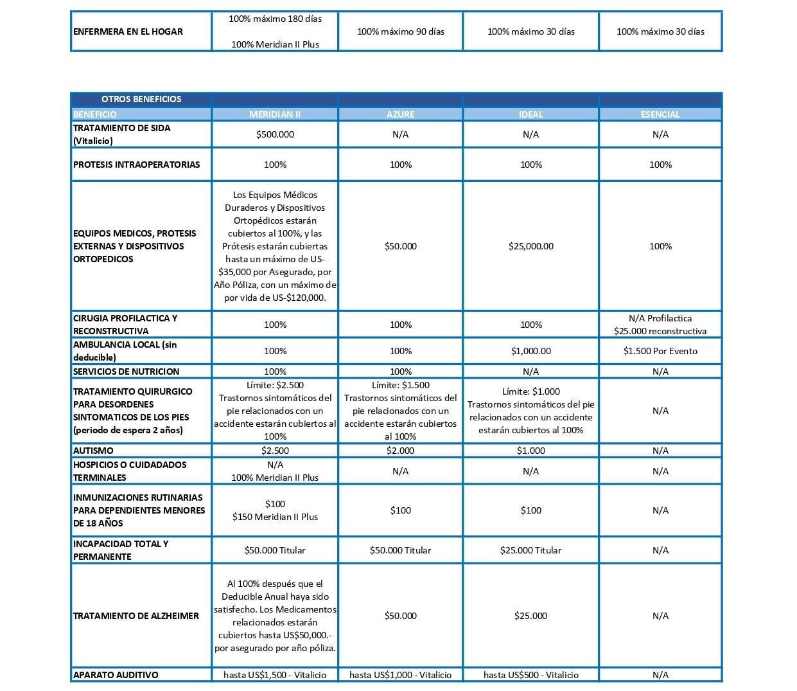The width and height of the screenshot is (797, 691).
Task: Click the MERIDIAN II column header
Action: click(275, 114)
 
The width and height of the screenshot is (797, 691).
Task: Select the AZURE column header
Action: click(400, 114)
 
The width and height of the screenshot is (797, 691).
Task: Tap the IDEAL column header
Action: click(530, 114)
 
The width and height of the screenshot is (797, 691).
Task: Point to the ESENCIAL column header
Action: click(660, 114)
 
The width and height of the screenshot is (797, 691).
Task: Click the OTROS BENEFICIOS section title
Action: click(141, 99)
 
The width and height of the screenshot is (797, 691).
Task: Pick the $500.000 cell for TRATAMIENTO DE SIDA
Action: click(275, 134)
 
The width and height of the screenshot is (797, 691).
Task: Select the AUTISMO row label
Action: click(93, 451)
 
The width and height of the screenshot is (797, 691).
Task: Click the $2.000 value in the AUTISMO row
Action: click(400, 451)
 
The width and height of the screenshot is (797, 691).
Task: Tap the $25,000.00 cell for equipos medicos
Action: click(530, 246)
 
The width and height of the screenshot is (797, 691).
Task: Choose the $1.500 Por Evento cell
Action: click(660, 351)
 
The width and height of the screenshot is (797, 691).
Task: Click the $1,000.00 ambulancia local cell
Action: click(530, 351)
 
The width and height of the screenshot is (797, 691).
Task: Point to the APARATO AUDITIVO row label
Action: click(116, 675)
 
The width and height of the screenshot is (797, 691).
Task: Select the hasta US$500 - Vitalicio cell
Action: click(530, 675)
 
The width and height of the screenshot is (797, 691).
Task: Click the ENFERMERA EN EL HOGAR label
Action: click(128, 31)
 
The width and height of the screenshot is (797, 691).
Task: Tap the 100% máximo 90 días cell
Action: click(400, 31)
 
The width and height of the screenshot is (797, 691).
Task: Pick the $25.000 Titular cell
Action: click(530, 550)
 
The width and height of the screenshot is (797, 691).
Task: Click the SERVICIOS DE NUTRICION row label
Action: click(126, 372)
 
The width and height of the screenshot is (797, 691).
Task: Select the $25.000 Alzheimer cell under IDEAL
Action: click(530, 616)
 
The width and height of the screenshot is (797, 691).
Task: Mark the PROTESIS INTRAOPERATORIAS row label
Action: click(136, 165)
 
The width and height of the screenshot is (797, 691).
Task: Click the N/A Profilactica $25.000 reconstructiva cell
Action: click(660, 325)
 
